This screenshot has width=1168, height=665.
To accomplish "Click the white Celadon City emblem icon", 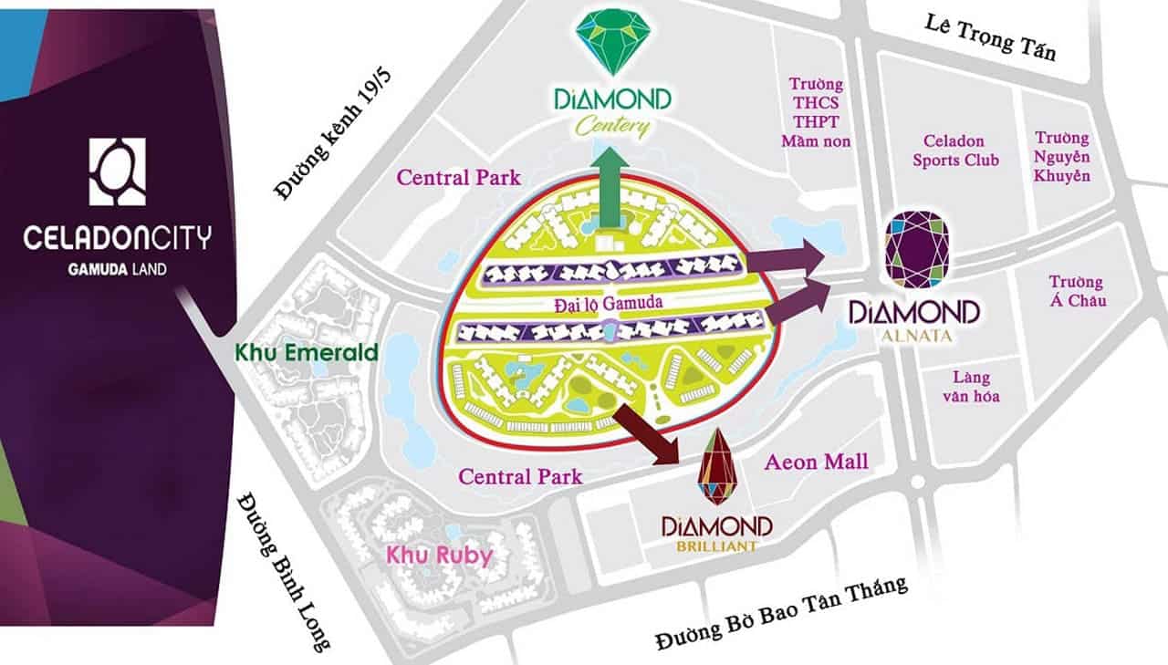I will point(117,171).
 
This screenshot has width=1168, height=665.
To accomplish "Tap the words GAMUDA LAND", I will point(117,269).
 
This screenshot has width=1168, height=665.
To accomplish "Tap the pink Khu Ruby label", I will point(439,554).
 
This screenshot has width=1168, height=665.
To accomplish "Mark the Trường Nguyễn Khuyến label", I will point(1062,156).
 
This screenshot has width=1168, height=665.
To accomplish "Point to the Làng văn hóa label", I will point(971,386).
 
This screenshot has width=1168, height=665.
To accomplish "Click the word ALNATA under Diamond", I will point(914,336).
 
